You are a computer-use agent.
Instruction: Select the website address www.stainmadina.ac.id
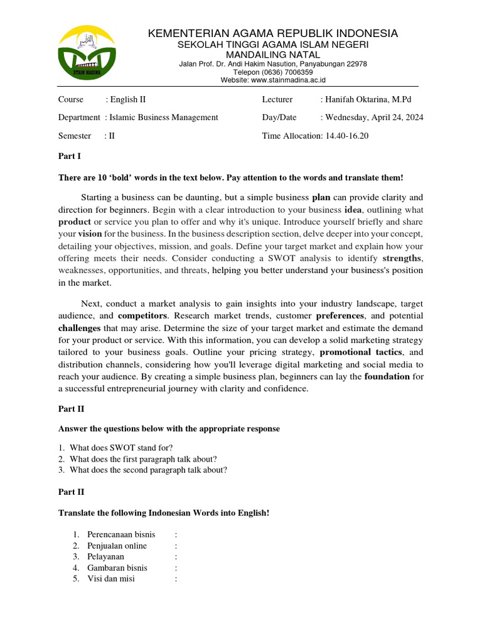click(x=288, y=80)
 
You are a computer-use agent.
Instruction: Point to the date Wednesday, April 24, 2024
click(x=374, y=117)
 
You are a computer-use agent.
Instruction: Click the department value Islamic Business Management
click(x=164, y=117)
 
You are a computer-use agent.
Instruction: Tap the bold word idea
click(x=352, y=209)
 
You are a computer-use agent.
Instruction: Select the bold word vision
click(x=90, y=233)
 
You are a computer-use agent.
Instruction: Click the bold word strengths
click(x=402, y=258)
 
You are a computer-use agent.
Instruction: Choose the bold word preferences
click(x=340, y=315)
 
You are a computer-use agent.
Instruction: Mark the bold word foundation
click(x=387, y=377)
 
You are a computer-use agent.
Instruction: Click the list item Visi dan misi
click(x=111, y=579)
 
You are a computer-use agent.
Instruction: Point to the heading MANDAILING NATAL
click(x=273, y=55)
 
